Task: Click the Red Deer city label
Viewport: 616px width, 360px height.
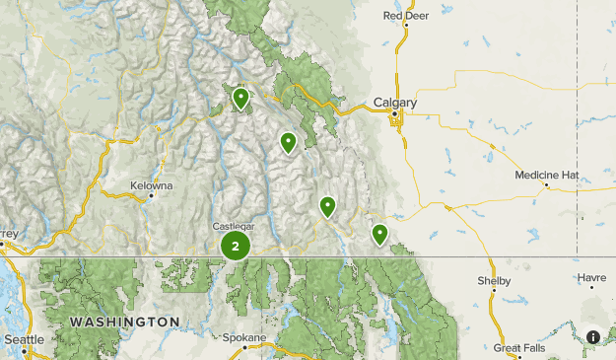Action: pos(406,16)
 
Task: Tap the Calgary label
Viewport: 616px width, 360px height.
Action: pos(395,102)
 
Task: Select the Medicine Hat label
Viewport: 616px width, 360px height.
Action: pos(547,175)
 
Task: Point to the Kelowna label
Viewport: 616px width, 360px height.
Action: pos(152,184)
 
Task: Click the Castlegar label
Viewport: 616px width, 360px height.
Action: pos(234,226)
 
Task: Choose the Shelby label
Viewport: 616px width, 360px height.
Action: pos(494,281)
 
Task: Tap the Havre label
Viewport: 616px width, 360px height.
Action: pos(592,278)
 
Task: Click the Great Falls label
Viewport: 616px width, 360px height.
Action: pos(519,348)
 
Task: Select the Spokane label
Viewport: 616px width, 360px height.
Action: pos(243,338)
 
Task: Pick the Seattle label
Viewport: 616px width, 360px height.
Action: pos(24,339)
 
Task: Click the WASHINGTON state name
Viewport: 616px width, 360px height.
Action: pos(124,323)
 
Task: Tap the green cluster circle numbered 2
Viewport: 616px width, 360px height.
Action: pos(235,246)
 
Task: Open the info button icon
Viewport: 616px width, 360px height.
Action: pos(593,337)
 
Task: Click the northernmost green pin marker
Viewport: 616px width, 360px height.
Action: pos(240,98)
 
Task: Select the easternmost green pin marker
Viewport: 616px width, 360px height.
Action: pos(379,234)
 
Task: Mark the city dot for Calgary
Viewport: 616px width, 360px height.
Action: pos(395,114)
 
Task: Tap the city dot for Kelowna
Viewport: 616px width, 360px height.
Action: pos(151,195)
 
